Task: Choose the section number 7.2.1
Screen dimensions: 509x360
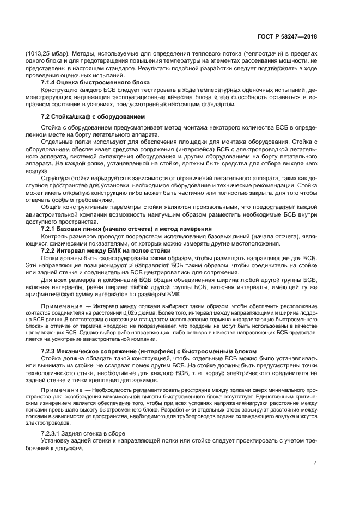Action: tap(51, 229)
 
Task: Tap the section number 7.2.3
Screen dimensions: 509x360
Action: tap(51, 350)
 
